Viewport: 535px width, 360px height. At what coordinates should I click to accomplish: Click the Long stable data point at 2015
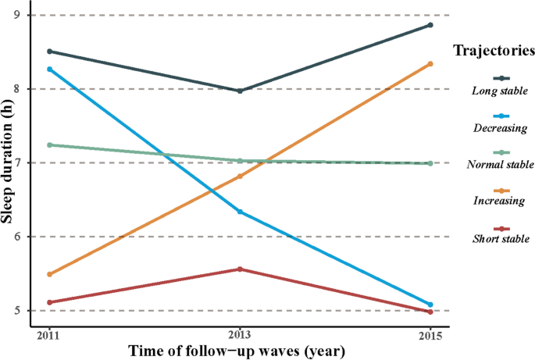click(x=430, y=25)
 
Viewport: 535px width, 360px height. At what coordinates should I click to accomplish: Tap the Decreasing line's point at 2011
click(x=50, y=70)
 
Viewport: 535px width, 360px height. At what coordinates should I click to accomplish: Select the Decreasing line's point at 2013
click(x=240, y=212)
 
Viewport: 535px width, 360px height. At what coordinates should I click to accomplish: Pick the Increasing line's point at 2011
click(x=50, y=274)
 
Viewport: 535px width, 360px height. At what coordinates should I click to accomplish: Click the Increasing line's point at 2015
click(x=430, y=64)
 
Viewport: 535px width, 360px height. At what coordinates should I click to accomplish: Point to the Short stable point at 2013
click(x=240, y=269)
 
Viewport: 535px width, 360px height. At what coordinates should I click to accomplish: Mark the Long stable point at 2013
click(x=240, y=91)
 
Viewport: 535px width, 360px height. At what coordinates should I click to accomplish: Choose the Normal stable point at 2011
click(x=50, y=145)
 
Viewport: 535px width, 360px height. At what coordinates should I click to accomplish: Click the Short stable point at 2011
click(x=50, y=302)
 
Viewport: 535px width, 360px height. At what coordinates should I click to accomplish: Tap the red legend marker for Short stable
click(x=502, y=227)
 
